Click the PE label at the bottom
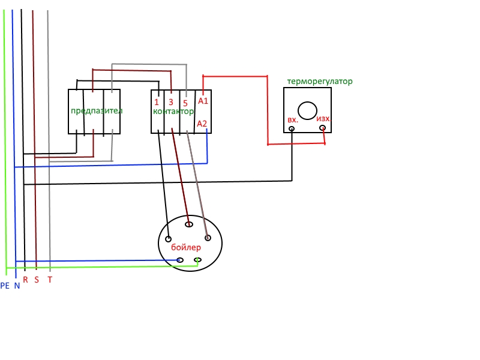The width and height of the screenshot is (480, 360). coord(5,286)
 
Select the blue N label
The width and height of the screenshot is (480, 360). coord(17,286)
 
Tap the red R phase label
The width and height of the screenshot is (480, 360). coord(25,280)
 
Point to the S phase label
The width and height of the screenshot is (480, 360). coord(37,280)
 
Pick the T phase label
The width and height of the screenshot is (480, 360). coord(50,280)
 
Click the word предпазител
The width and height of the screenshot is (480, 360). coord(96,111)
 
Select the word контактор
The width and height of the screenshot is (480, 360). coord(173,112)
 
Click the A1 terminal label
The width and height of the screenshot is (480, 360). coord(203,101)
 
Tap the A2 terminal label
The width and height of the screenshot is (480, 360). coord(203,124)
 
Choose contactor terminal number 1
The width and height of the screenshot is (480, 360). coord(157,103)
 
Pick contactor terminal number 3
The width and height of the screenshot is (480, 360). coord(171,103)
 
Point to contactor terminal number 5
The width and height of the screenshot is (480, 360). coord(185,103)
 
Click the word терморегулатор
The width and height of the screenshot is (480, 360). coord(320,81)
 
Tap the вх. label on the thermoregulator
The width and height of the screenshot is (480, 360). coord(293,119)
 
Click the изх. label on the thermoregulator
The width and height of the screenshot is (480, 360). coord(323,119)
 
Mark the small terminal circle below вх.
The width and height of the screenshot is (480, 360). coord(292,128)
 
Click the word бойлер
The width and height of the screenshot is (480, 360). coord(186,247)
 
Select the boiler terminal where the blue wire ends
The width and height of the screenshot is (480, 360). coord(181,260)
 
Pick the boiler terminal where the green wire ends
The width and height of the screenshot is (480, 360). coord(197,260)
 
